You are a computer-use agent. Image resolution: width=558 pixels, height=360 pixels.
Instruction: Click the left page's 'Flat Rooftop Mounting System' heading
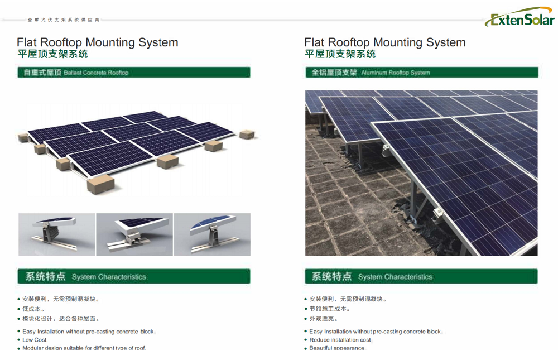[x=98, y=42]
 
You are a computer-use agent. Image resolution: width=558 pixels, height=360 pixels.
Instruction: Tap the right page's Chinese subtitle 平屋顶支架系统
[x=340, y=54]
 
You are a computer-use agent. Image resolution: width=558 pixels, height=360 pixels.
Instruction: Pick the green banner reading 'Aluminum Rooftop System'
[x=421, y=73]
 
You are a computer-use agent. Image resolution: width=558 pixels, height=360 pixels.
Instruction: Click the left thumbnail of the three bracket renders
[x=56, y=234]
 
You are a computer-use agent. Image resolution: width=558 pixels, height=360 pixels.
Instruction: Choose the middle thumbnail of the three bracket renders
[x=134, y=234]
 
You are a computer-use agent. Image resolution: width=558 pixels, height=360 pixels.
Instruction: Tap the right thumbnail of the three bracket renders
[x=212, y=234]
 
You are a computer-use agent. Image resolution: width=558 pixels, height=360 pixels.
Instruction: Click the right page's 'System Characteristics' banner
[x=421, y=276]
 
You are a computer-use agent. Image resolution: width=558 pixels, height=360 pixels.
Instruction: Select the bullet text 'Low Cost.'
[x=35, y=340]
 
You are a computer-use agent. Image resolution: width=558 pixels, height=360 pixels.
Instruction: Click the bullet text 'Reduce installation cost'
[x=340, y=340]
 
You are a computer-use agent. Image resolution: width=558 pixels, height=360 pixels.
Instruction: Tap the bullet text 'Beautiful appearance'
[x=336, y=348]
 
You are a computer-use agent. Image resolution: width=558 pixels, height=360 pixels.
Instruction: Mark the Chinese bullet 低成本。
[x=33, y=309]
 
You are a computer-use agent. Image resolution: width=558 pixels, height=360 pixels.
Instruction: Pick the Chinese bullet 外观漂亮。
[x=324, y=319]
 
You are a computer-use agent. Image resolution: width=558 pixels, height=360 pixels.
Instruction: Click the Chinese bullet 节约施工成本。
[x=330, y=309]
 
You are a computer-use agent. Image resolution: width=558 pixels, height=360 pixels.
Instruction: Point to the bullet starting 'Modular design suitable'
[x=84, y=348]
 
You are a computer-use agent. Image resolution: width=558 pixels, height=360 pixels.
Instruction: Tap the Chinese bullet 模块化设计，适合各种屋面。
[x=61, y=319]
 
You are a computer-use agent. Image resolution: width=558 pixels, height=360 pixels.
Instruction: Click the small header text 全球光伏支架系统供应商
[x=64, y=20]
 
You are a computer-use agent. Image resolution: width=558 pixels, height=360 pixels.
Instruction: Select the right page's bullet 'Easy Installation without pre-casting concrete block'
[x=375, y=332]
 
